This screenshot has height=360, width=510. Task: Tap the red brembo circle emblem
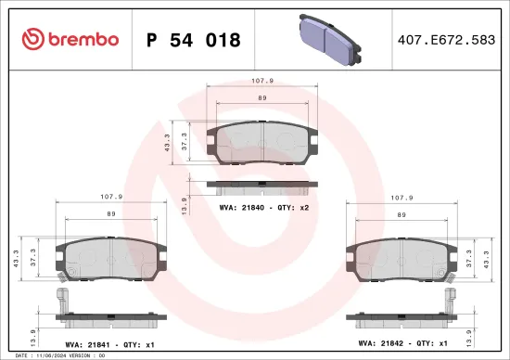point(32,39)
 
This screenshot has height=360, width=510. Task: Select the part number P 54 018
point(194,41)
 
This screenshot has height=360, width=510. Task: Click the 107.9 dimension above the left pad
point(109,197)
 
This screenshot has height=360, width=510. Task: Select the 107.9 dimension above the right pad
point(401,197)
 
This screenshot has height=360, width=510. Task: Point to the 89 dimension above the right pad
point(401,214)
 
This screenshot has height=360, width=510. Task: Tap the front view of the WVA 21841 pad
point(108,259)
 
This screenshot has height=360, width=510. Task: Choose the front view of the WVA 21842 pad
point(401,259)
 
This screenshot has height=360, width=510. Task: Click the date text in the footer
point(56,355)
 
